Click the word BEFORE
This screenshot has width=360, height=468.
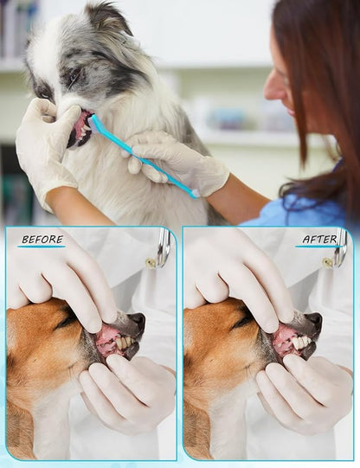coord(42,240)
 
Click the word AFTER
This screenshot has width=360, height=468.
coord(319,240)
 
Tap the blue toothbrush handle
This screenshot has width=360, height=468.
coord(144,155)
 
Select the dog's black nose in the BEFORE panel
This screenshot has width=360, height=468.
coord(138,321)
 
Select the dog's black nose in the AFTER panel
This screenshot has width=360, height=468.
coord(314,321)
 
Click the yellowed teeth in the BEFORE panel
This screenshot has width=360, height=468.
coord(124,343)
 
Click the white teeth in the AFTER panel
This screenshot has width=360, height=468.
coord(301,343)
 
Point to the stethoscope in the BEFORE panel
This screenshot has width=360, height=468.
coord(164,247)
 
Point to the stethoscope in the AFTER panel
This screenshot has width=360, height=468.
coord(341,247)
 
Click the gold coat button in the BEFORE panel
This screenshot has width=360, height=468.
coord(151,263)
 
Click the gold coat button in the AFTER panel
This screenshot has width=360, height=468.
coord(327,263)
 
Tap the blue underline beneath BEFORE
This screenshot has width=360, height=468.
coord(42,247)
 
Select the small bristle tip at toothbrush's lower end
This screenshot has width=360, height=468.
coord(196,194)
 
